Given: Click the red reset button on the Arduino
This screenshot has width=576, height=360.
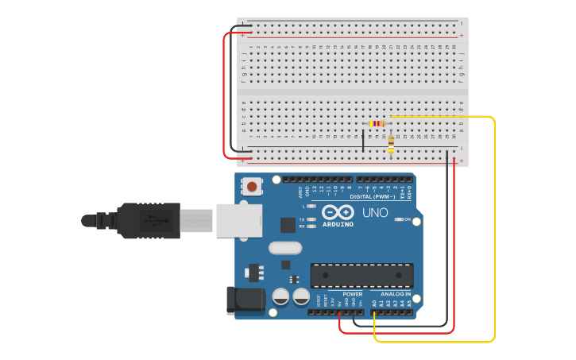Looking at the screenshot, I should (252, 188).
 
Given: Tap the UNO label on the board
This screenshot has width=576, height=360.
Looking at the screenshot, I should (375, 213).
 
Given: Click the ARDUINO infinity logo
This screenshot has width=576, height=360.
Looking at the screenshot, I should (338, 213).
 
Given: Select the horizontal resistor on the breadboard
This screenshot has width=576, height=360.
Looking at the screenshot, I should (377, 123).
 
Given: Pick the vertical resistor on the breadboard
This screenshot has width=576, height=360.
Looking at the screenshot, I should (390, 143).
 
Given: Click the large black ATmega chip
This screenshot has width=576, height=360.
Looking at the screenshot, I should (361, 275).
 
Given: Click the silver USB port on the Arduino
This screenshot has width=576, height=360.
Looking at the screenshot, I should (238, 220).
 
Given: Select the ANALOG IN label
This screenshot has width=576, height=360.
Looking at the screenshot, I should (395, 294).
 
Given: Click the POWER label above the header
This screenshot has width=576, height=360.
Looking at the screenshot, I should (353, 294).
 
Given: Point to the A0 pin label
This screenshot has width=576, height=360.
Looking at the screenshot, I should (374, 303).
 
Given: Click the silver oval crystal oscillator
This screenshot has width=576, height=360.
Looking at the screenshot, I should (284, 248).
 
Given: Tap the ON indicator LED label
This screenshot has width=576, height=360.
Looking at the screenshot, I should (407, 219).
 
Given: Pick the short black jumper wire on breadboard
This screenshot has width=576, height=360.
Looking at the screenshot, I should (363, 141).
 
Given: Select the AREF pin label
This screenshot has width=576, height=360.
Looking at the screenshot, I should (301, 192).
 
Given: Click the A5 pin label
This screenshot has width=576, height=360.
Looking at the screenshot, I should (409, 303).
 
